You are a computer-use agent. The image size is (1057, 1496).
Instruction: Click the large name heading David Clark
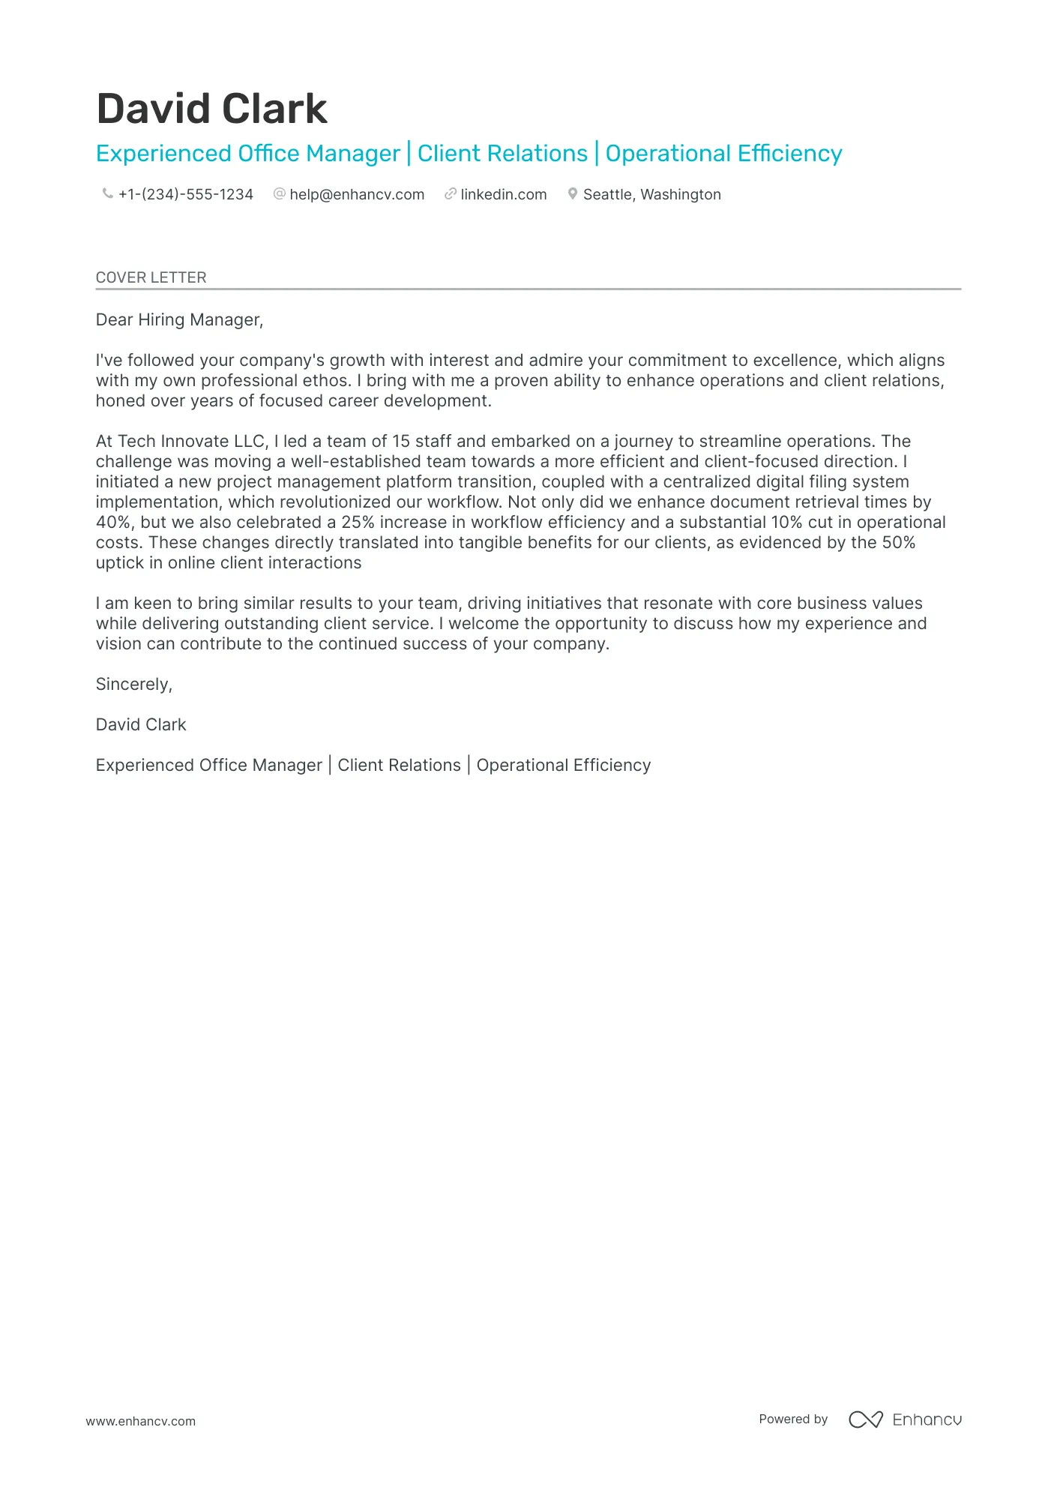(x=212, y=109)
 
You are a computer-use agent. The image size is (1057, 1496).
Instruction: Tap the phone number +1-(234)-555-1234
(x=185, y=195)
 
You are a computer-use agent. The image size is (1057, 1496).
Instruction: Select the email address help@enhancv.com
(x=357, y=195)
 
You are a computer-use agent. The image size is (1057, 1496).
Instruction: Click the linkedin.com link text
(x=503, y=195)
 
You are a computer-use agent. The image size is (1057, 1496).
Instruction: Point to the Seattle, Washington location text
(x=651, y=195)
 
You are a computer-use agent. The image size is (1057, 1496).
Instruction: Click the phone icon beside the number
(x=107, y=194)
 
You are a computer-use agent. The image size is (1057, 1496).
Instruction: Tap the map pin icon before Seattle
(x=573, y=194)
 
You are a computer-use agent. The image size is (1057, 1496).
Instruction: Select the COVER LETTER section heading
(x=151, y=277)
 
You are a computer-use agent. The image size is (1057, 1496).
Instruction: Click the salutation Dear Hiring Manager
(x=179, y=320)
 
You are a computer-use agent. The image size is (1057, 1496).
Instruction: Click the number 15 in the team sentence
(x=401, y=442)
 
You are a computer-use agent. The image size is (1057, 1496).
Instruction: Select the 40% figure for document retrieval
(x=113, y=523)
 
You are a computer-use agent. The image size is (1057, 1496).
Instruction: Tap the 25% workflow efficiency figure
(x=358, y=523)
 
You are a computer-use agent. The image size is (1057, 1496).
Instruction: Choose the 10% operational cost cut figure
(x=786, y=523)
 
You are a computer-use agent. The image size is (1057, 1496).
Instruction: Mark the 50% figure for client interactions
(x=899, y=543)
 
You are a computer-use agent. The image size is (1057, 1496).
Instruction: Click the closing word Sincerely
(x=133, y=685)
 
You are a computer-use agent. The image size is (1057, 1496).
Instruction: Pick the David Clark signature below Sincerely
(x=141, y=725)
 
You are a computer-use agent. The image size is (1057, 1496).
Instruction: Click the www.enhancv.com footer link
(x=140, y=1422)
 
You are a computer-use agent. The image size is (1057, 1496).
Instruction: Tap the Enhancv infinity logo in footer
(x=865, y=1420)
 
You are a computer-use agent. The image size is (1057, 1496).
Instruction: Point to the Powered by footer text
(x=793, y=1420)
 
